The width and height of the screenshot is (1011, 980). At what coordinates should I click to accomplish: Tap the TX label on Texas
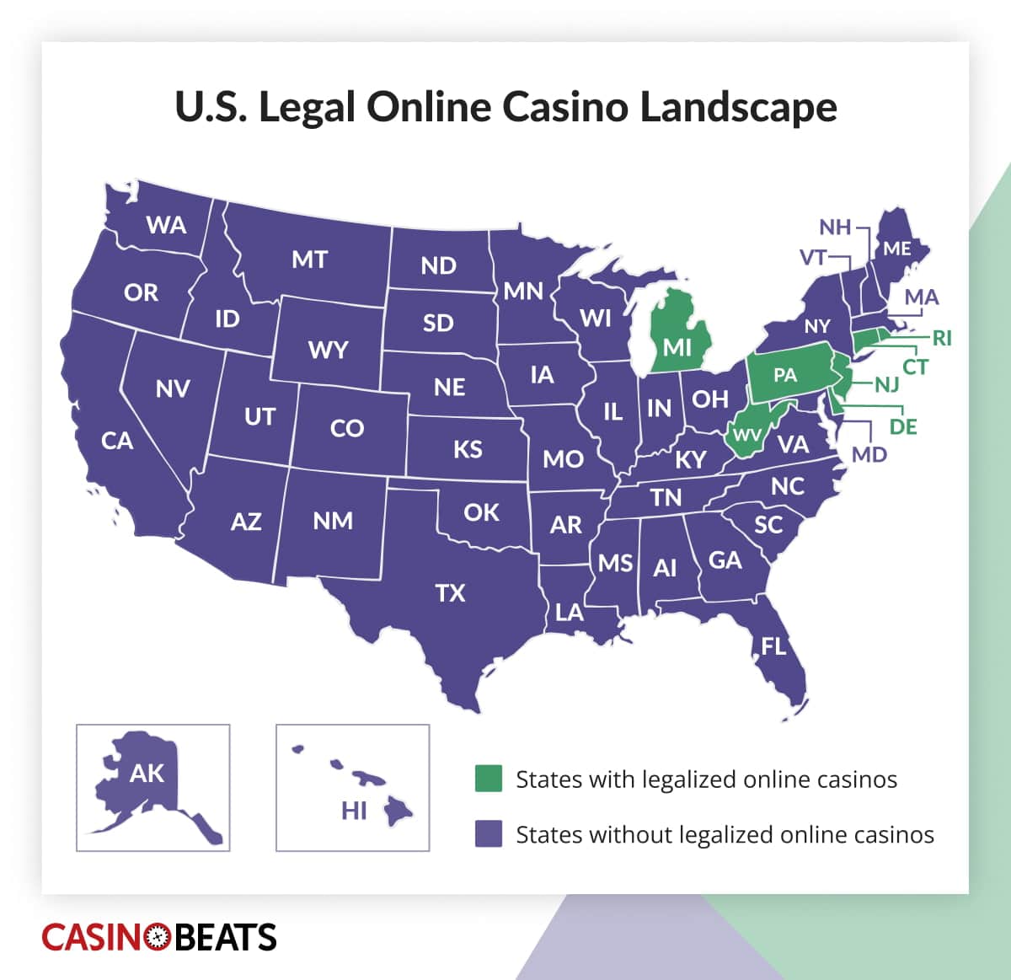[450, 593]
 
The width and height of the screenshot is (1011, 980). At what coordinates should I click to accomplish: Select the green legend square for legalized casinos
[489, 779]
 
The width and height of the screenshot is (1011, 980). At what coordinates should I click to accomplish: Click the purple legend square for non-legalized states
[489, 834]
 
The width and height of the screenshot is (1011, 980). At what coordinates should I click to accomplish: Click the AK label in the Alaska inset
[147, 774]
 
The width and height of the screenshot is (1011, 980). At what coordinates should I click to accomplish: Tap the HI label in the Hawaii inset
[354, 811]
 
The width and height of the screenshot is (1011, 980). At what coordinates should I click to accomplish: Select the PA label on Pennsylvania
[784, 375]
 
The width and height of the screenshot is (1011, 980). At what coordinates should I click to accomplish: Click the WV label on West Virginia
[746, 436]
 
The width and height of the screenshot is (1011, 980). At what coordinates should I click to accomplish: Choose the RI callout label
[941, 338]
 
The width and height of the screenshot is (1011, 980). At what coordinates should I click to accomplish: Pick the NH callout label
[835, 228]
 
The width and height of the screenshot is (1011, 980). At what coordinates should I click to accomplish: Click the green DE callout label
[903, 427]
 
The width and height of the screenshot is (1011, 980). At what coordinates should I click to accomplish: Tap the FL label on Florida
[773, 646]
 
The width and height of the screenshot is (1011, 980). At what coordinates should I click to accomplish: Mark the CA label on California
[116, 441]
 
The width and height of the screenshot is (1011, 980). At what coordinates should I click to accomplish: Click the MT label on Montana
[309, 260]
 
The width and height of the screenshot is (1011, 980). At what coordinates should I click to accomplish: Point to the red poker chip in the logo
[158, 937]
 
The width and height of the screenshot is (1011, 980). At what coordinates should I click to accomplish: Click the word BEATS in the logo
[224, 937]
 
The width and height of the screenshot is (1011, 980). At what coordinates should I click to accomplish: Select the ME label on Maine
[896, 249]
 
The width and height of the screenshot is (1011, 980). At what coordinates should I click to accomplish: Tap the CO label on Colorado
[346, 428]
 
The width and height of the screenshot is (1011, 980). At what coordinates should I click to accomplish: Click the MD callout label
[869, 455]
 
